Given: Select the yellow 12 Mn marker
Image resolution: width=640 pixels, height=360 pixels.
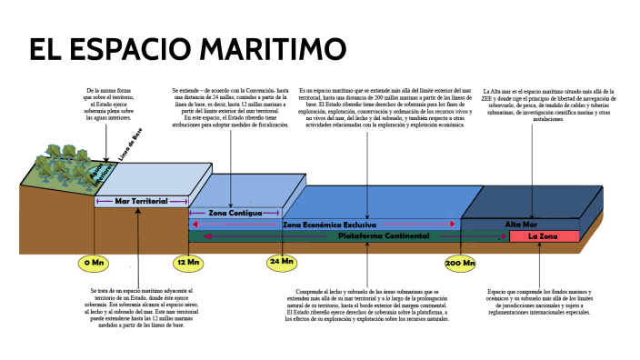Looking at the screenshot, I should click(x=189, y=263).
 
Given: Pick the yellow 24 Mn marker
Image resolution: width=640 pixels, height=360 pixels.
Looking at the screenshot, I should click(x=281, y=262).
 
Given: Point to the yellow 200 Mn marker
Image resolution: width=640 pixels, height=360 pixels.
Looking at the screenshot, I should click(x=460, y=263).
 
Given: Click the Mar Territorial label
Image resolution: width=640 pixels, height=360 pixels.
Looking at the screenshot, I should click(x=141, y=200).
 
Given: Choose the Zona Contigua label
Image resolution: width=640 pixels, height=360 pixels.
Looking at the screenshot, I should click(x=235, y=213).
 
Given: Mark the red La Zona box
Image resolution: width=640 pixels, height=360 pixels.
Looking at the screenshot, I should click(x=544, y=236).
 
